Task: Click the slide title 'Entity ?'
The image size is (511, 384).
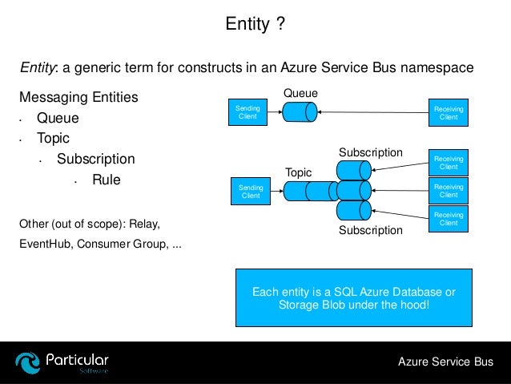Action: pyautogui.click(x=255, y=26)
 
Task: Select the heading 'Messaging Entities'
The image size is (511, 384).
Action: pyautogui.click(x=78, y=98)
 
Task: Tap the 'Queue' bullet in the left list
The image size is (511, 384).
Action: pyautogui.click(x=58, y=119)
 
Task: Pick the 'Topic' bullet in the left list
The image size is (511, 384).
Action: pyautogui.click(x=53, y=139)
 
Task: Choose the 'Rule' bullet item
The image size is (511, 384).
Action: pyautogui.click(x=106, y=180)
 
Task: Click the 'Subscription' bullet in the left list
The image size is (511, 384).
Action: pyautogui.click(x=95, y=159)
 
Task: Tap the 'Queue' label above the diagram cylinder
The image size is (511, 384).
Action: pyautogui.click(x=300, y=94)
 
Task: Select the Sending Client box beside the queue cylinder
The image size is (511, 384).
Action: pyautogui.click(x=247, y=113)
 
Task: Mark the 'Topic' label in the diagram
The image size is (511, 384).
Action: pyautogui.click(x=298, y=172)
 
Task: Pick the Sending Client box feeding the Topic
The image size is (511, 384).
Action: pyautogui.click(x=250, y=191)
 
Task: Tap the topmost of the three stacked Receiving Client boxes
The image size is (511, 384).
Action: pyautogui.click(x=449, y=163)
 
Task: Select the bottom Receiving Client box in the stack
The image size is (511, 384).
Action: pyautogui.click(x=449, y=219)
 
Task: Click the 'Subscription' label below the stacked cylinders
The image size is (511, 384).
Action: pyautogui.click(x=370, y=230)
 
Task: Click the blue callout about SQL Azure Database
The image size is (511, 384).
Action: pyautogui.click(x=353, y=297)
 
